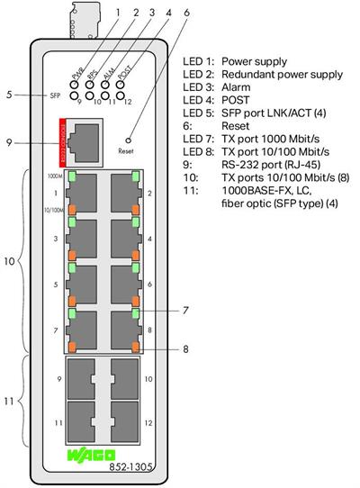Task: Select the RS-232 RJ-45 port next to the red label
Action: point(83,140)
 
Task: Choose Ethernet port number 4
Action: point(125,239)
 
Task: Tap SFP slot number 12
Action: point(125,421)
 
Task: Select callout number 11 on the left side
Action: point(8,401)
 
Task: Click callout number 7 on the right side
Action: point(184,310)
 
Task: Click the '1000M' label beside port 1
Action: point(55,177)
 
